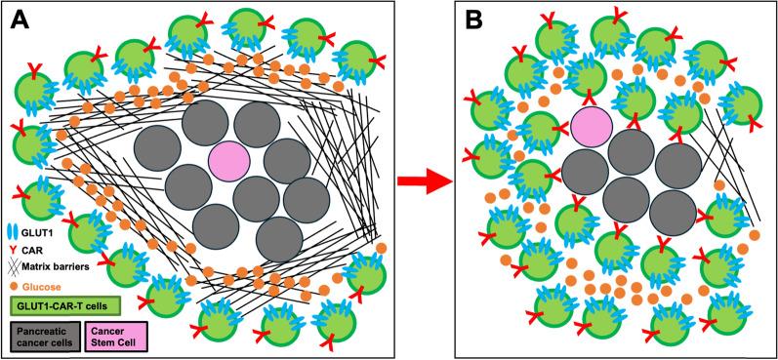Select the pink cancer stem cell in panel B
(x=592, y=128)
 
